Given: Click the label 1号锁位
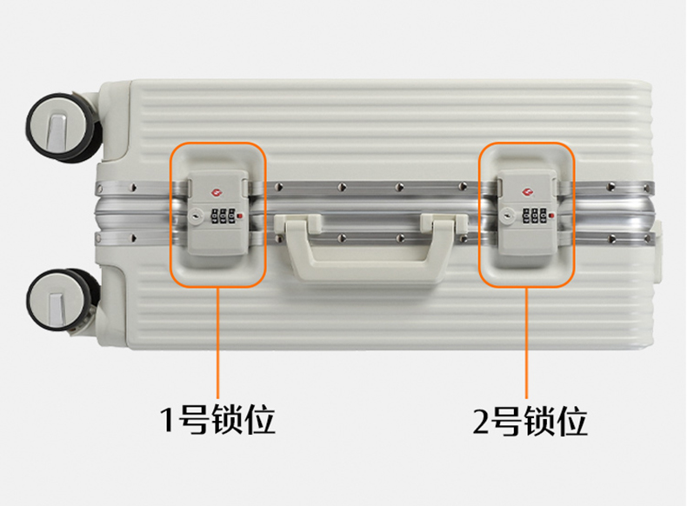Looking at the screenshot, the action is (217, 420).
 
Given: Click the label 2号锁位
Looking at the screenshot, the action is (530, 421).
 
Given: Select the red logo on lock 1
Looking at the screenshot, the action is (217, 192).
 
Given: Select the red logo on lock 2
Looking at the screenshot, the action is (527, 192).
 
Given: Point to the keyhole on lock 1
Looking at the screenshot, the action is (196, 216).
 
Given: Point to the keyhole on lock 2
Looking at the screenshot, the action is (507, 216).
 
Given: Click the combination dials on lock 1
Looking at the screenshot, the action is (223, 216).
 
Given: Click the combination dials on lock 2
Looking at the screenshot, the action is (534, 216).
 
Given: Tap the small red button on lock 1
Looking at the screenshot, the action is (240, 216).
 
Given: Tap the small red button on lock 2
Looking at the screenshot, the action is (551, 215).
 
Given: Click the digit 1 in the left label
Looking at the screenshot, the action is (168, 420).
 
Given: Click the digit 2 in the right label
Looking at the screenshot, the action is (481, 421).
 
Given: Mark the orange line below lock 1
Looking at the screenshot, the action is (217, 343).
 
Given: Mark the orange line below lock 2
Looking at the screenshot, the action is (526, 343).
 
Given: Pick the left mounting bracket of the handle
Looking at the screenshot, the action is (298, 223).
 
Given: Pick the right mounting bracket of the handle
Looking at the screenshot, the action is (444, 223).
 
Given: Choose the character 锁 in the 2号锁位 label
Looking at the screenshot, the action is (540, 421).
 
